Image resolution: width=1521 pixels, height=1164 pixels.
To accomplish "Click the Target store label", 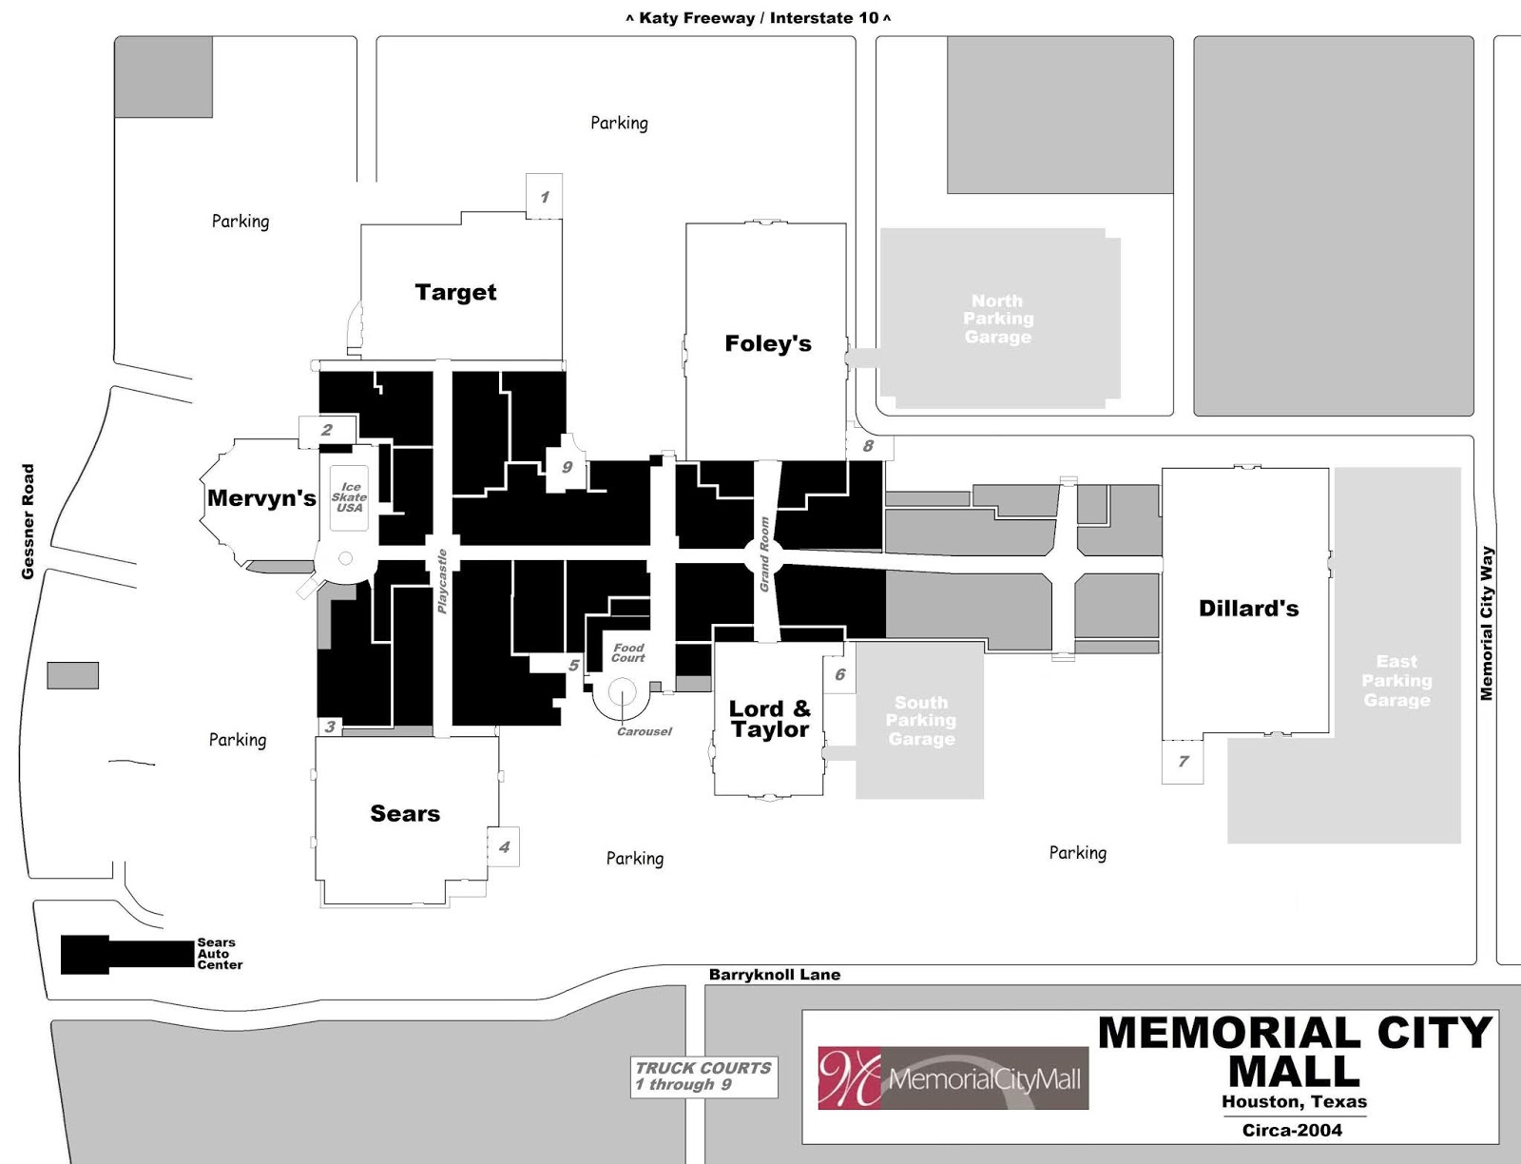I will (455, 292).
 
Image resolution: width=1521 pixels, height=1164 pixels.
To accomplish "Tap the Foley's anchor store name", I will (767, 343).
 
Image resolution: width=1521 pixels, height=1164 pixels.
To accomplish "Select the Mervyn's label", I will (261, 497).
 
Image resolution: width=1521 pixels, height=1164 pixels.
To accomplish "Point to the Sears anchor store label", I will (405, 813).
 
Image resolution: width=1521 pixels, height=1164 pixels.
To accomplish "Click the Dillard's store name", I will (1248, 609).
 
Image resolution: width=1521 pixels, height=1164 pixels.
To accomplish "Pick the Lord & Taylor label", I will (769, 719).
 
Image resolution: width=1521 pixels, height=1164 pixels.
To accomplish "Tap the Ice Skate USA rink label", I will (349, 497).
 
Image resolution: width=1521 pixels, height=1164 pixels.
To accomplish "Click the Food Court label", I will (627, 652).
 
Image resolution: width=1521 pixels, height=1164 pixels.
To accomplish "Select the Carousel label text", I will (644, 731).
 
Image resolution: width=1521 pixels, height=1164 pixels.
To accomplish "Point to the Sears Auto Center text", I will (219, 954).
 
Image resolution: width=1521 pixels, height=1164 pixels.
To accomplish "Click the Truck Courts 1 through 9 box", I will (703, 1076).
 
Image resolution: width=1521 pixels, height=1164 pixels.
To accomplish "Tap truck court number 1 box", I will (545, 197).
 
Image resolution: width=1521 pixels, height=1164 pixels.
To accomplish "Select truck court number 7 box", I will (1183, 761).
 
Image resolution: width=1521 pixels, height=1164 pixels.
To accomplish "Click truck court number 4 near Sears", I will (504, 846).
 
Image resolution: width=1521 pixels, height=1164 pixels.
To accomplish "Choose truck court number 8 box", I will (868, 446).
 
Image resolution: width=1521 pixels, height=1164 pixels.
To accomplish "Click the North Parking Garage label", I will (997, 319).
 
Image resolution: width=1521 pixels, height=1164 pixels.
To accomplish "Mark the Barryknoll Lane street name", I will (775, 975).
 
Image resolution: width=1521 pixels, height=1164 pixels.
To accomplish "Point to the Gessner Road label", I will (29, 521).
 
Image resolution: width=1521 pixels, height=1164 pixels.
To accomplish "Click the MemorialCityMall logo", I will (953, 1078).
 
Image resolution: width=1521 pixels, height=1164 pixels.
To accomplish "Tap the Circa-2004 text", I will (1292, 1130).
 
